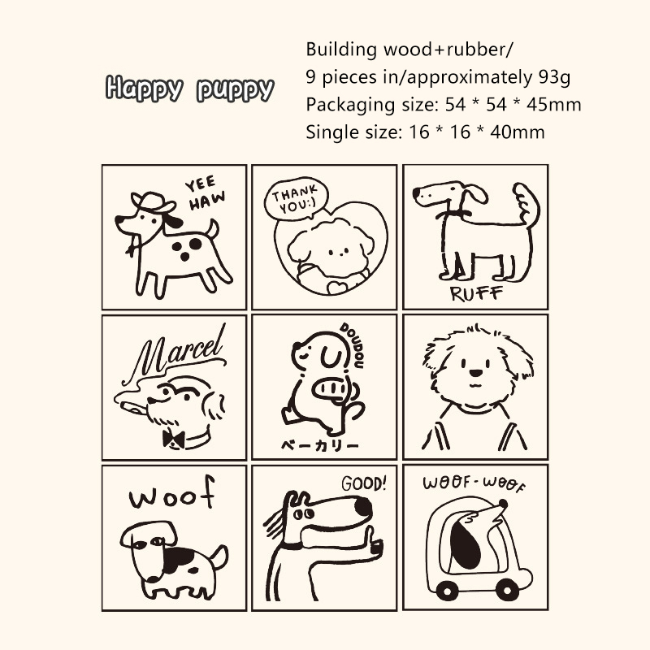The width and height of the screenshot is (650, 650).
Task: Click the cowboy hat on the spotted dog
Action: pyautogui.click(x=153, y=201)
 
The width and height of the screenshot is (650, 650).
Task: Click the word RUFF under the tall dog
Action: pyautogui.click(x=476, y=293)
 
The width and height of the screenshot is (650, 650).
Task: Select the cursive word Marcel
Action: pyautogui.click(x=178, y=350)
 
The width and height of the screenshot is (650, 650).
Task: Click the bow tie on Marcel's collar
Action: pyautogui.click(x=173, y=439)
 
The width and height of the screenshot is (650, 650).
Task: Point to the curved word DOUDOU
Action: pyautogui.click(x=353, y=344)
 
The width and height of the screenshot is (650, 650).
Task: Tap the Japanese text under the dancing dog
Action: pyautogui.click(x=319, y=445)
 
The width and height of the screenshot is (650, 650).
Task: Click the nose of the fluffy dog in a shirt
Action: pyautogui.click(x=476, y=373)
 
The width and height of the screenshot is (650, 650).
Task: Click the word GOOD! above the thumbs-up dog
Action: pyautogui.click(x=364, y=483)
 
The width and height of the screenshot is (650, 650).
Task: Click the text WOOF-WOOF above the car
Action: pyautogui.click(x=474, y=483)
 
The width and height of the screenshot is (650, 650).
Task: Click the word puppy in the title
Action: pyautogui.click(x=235, y=89)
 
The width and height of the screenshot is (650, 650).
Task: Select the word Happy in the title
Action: pyautogui.click(x=145, y=89)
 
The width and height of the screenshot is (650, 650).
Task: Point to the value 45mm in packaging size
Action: pyautogui.click(x=554, y=105)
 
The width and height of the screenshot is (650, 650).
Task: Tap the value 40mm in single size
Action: pyautogui.click(x=518, y=132)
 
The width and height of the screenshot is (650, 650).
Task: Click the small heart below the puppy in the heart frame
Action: pyautogui.click(x=337, y=287)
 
